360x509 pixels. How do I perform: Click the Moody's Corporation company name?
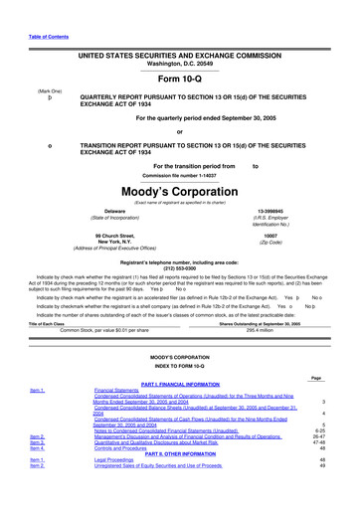coord(179,189)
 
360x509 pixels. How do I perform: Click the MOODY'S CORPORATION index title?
coord(179,355)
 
